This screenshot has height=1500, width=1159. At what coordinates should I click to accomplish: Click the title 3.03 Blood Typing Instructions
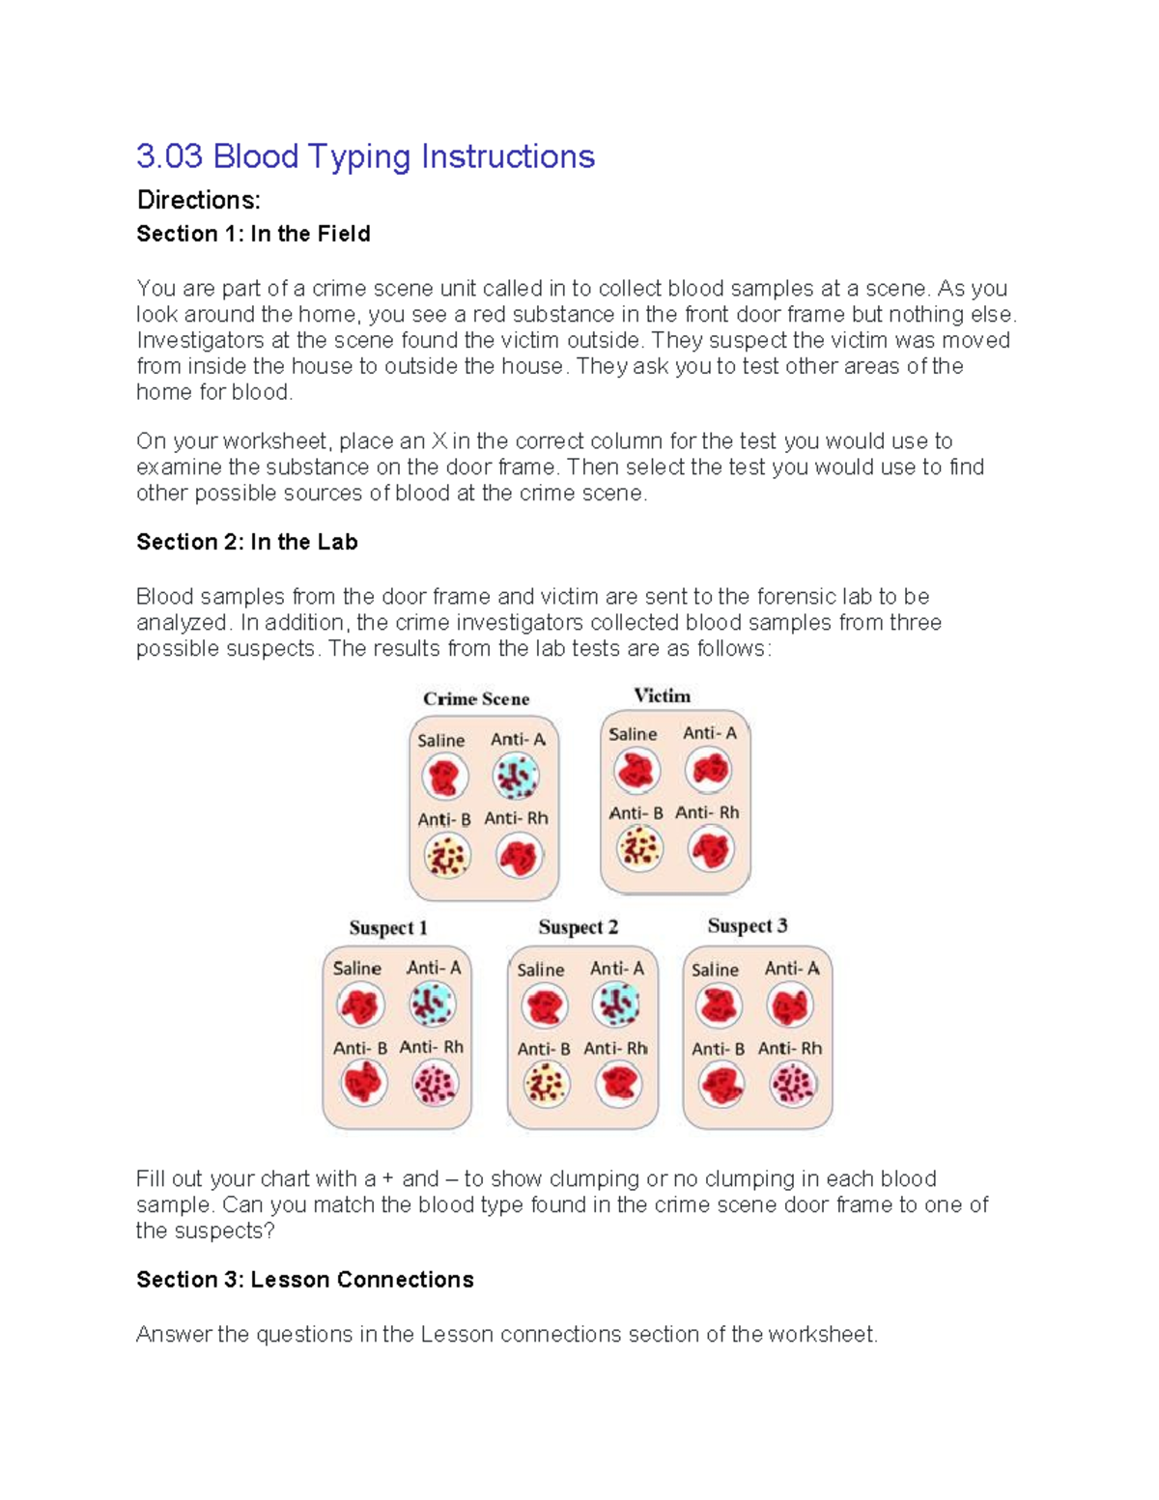coord(365,156)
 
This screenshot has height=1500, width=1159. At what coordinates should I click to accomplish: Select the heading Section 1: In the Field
coord(253,234)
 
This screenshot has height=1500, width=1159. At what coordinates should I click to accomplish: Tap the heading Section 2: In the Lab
coord(246,542)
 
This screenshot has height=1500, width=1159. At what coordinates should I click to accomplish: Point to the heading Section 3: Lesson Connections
coord(304,1280)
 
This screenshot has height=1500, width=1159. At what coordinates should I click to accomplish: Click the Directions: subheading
coord(198,200)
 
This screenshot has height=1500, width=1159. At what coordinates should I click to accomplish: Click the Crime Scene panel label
coord(476,698)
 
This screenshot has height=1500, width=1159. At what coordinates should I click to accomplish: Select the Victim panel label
coord(662,695)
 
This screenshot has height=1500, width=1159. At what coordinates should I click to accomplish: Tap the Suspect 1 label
coord(387,927)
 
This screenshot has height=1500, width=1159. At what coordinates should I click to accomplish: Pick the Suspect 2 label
coord(578,926)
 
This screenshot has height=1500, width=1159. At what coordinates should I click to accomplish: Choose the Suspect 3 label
coord(747,925)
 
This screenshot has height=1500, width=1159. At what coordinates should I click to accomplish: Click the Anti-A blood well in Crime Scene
coord(516,776)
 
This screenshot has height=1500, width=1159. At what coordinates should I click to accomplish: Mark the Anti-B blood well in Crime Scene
coord(446,856)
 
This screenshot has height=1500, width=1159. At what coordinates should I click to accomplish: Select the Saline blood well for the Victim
coord(636,771)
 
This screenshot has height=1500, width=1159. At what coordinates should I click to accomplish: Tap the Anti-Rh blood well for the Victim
coord(711,850)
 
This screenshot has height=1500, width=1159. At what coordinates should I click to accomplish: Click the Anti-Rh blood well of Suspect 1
coord(435,1084)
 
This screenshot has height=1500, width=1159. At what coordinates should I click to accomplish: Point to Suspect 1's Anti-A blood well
coord(432,1005)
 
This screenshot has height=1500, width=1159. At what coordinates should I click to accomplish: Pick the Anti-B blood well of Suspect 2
coord(546,1085)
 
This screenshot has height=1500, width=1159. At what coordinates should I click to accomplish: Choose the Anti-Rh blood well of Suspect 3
coord(793,1084)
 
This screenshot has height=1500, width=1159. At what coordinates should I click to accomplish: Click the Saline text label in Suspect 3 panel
coord(715,970)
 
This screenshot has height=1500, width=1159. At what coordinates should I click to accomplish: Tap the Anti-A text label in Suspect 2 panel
coord(616,969)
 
